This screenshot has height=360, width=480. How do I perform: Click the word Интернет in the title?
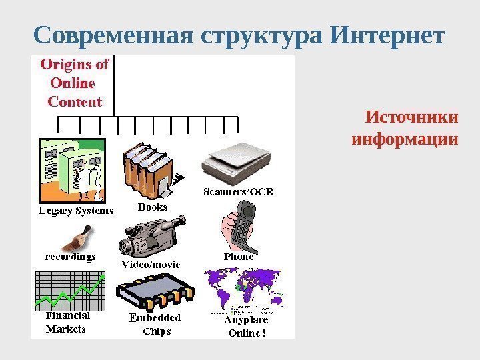tap(387, 35)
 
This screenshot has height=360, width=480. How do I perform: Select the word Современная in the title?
tap(113, 35)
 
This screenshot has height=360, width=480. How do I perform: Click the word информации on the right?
tap(405, 140)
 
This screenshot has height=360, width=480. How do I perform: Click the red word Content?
tap(75, 102)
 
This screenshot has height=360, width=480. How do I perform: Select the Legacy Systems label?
tap(74, 211)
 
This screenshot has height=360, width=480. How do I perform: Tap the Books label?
tap(153, 207)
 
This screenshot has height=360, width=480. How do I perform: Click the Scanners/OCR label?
tap(238, 192)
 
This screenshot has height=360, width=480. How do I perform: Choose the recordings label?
tap(71, 256)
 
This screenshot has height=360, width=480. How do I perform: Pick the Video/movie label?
tap(151, 264)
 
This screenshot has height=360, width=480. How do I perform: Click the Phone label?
tap(239, 256)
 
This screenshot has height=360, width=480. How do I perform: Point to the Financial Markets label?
tap(67, 323)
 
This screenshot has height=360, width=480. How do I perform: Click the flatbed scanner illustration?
tap(237, 160)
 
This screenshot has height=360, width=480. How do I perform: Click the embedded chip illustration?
tap(155, 293)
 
